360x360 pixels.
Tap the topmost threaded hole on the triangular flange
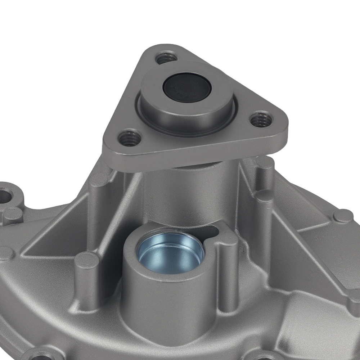coord(166,58)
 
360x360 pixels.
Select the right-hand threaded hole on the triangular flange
coord(261,120)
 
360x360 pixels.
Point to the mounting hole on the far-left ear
coord(5,196)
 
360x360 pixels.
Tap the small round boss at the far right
coord(342,216)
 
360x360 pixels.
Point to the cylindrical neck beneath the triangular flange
coord(187,191)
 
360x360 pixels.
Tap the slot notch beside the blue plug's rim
coord(212,230)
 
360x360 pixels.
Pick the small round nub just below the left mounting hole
coord(13,214)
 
